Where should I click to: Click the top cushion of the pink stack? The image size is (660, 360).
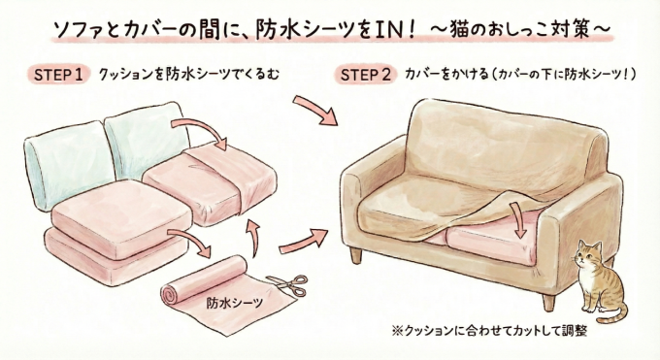102,211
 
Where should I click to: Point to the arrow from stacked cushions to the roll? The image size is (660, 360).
188,243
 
